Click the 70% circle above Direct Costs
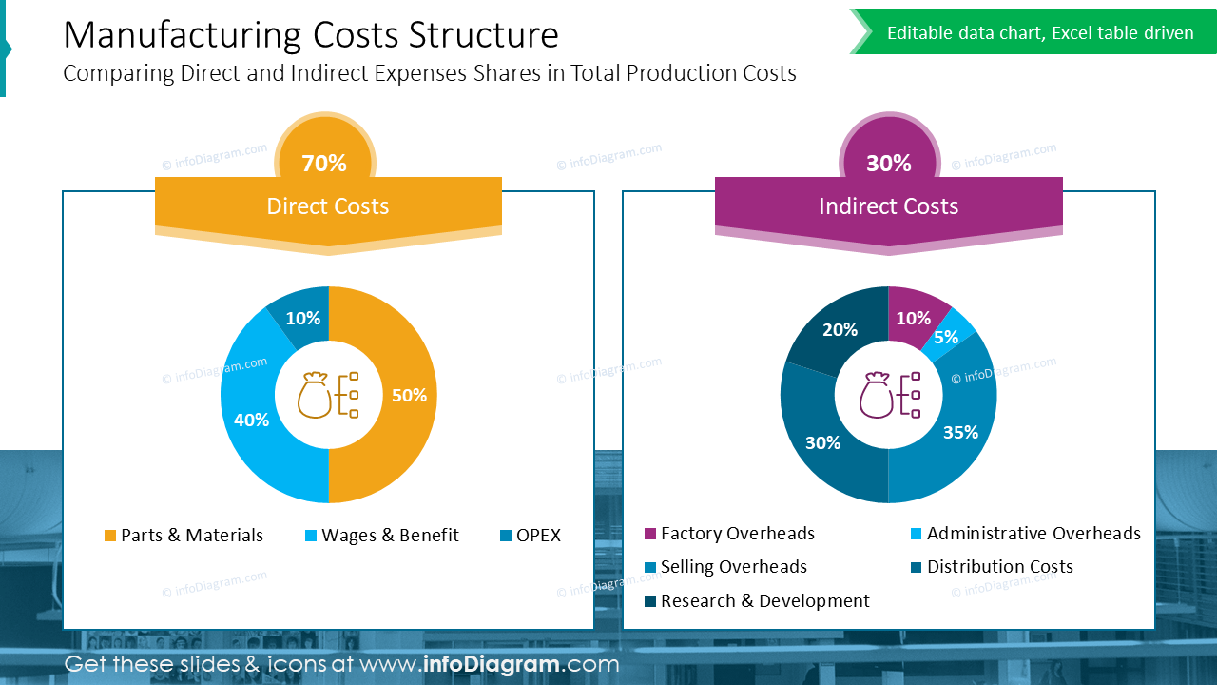[x=324, y=163]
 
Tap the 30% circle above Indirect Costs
[x=888, y=163]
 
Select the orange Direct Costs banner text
[x=328, y=206]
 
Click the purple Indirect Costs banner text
[x=888, y=206]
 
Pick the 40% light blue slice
[x=251, y=419]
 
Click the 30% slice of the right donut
[x=822, y=442]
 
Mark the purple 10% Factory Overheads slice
[x=913, y=318]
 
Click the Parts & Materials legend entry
[x=184, y=536]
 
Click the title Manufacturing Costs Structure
[x=311, y=35]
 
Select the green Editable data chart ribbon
[x=1036, y=33]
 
